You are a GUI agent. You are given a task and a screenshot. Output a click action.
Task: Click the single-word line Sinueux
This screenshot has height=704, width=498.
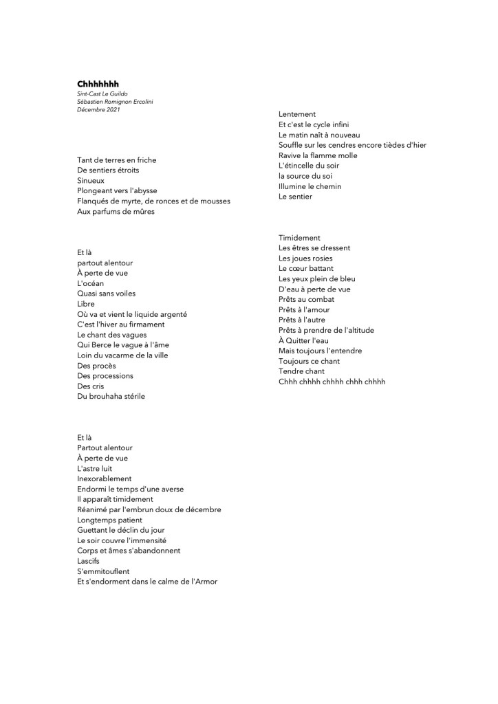point(91,180)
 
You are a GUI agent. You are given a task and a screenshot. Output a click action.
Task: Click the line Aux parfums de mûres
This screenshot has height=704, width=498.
point(116,211)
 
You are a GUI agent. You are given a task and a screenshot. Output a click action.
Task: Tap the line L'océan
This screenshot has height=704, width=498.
point(91,283)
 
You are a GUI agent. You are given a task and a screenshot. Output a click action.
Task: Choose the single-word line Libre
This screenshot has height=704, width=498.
point(86,304)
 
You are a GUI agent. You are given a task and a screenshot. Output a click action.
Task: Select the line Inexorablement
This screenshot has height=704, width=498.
point(105,478)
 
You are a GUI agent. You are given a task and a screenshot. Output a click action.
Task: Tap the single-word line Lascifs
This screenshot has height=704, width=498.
point(88,561)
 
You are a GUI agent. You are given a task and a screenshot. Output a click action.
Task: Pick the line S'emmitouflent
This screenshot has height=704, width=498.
point(103,571)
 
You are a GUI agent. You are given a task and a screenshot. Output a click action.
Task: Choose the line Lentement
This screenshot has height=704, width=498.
point(297,114)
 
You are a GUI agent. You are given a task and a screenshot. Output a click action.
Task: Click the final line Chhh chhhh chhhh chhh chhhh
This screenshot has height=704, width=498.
point(332,382)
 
